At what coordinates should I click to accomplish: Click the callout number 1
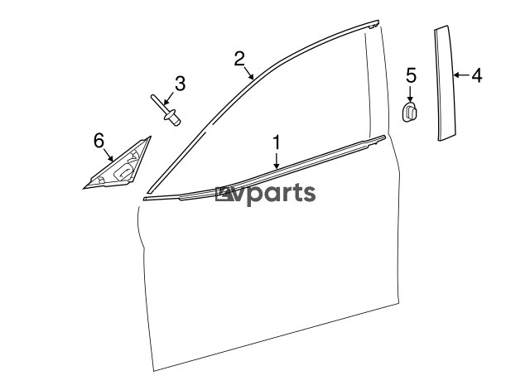(277, 142)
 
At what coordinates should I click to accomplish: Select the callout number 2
(239, 59)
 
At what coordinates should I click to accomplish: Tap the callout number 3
(181, 84)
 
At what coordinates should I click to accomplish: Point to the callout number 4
(477, 75)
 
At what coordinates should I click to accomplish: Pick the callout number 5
(411, 75)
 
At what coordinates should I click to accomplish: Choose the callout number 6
(99, 140)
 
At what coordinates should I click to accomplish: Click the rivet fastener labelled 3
(166, 110)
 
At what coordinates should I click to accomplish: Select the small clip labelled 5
(410, 111)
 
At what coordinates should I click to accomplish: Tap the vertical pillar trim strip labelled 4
(446, 83)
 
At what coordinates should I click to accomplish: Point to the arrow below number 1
(277, 161)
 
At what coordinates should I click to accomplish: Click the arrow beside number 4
(461, 75)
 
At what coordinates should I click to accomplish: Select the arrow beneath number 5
(411, 94)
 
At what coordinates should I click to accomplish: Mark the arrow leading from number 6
(108, 155)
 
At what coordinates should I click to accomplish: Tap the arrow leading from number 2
(248, 73)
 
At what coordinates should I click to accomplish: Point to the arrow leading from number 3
(169, 98)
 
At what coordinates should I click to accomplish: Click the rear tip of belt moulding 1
(384, 137)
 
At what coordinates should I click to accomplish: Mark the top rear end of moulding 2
(378, 22)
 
